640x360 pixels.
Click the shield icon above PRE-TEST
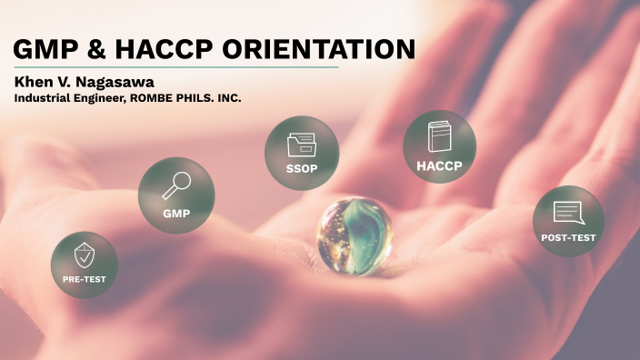[84, 254]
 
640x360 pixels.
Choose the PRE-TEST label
[84, 280]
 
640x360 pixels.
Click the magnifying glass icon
[175, 185]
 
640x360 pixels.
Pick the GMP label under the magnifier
[175, 213]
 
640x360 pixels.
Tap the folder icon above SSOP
[301, 144]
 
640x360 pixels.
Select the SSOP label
[301, 170]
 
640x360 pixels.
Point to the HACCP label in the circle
[440, 166]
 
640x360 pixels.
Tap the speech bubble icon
[567, 213]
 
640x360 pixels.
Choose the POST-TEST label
[568, 238]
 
